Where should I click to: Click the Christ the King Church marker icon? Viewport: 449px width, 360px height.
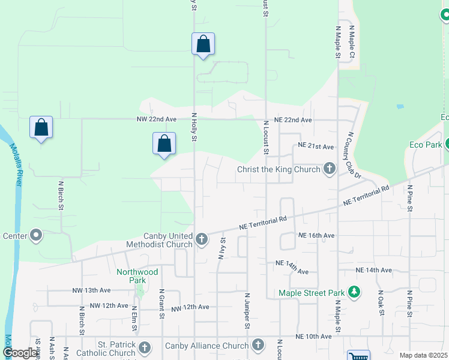click(x=329, y=169)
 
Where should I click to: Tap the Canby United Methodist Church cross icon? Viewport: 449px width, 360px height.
click(x=202, y=240)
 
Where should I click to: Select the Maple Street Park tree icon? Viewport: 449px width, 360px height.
click(x=354, y=293)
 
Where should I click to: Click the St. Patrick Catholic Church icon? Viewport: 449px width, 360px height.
click(x=145, y=348)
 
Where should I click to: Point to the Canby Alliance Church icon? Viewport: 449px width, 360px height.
click(x=258, y=345)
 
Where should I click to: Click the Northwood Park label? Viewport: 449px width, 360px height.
click(x=137, y=276)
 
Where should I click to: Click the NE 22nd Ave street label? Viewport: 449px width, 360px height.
click(x=294, y=120)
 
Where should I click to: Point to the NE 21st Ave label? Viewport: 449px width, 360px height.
click(x=316, y=146)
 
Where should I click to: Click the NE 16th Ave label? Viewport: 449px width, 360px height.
click(x=317, y=236)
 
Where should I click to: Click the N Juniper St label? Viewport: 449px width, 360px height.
click(x=247, y=311)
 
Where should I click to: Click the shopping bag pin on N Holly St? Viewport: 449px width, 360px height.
click(x=203, y=44)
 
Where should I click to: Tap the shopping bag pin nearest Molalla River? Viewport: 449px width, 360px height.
click(x=41, y=127)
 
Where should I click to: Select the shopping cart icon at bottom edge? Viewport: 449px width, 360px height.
click(x=358, y=356)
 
